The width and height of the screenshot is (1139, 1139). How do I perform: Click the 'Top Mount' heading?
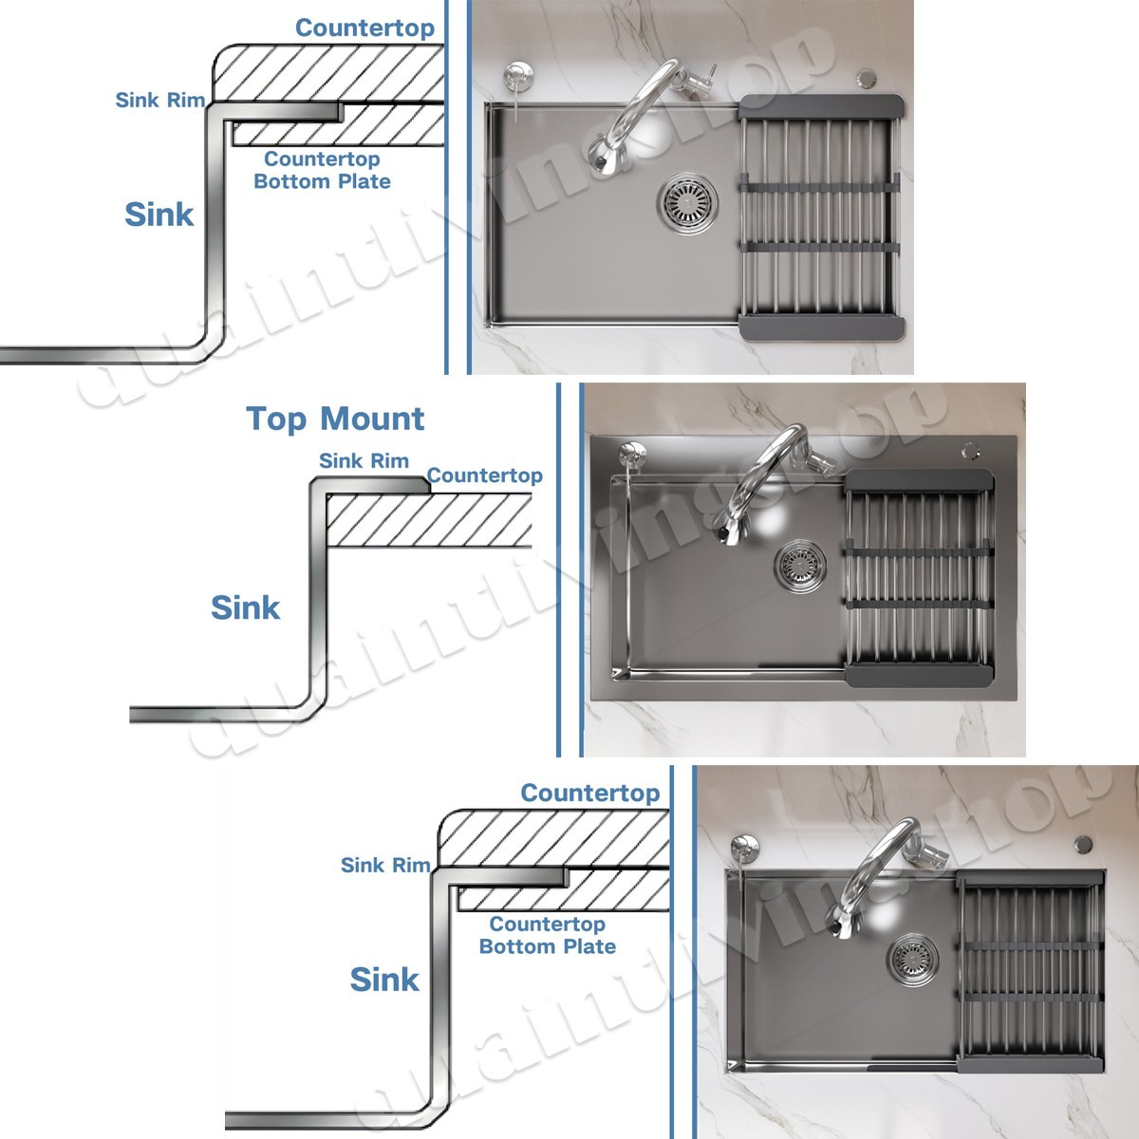coord(335,419)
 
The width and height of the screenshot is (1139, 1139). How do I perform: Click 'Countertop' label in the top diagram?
coord(364,28)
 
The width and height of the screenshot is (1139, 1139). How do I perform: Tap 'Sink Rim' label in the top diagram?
coord(159,100)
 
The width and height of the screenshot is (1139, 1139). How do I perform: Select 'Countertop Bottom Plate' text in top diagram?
coord(322,170)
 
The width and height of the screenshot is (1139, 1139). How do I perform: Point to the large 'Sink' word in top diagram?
coord(159,215)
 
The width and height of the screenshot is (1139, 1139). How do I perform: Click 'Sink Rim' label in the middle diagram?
coord(364,461)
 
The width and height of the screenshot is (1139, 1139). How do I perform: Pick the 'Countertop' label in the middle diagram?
coord(484,476)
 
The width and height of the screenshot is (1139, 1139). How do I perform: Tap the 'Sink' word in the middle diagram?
coord(245,607)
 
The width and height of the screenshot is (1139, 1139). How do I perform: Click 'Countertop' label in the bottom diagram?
coord(589,793)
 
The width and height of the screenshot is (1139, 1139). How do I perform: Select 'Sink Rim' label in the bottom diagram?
coord(384,865)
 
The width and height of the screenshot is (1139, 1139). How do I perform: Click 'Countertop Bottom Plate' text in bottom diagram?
coord(547,935)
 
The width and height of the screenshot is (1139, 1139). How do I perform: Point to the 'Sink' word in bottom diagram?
coord(383,980)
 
